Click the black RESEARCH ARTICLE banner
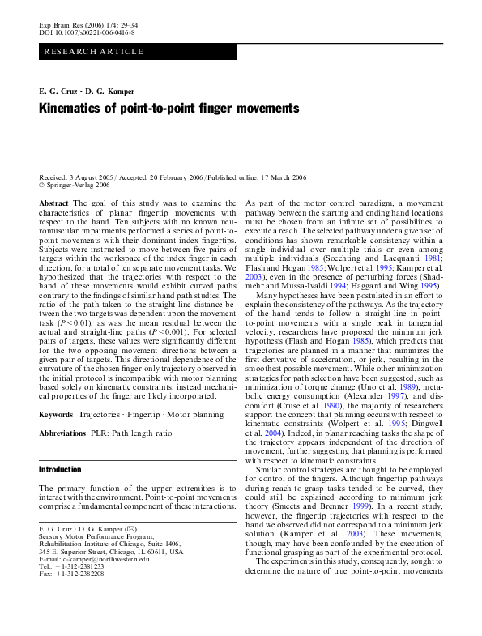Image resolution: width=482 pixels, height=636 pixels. coord(138,51)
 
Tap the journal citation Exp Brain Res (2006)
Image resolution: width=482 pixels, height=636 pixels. coord(71,26)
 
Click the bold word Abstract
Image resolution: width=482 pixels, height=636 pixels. coord(53,203)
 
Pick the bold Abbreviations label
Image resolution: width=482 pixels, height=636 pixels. coord(64,434)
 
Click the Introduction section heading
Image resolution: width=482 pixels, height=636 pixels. coord(61,469)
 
